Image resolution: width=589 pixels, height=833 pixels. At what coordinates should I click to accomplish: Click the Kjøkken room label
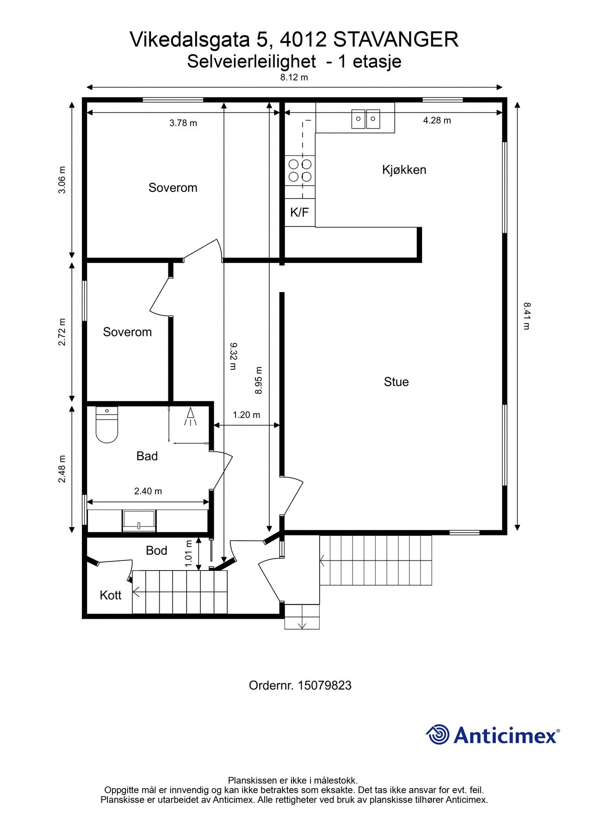pyautogui.click(x=404, y=170)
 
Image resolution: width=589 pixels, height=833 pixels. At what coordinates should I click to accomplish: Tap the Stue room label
pyautogui.click(x=396, y=382)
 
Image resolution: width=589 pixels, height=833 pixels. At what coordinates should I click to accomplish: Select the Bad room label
pyautogui.click(x=147, y=456)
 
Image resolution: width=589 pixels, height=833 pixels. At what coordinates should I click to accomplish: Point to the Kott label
pyautogui.click(x=111, y=595)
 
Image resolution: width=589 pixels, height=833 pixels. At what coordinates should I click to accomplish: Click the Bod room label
pyautogui.click(x=156, y=551)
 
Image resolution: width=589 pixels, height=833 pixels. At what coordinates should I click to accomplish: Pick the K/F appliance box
pyautogui.click(x=300, y=212)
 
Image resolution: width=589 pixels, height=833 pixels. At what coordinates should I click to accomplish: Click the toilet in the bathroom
pyautogui.click(x=106, y=424)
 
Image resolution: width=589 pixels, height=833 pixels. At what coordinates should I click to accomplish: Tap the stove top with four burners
pyautogui.click(x=300, y=170)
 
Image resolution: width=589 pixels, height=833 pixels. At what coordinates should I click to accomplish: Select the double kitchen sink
pyautogui.click(x=366, y=119)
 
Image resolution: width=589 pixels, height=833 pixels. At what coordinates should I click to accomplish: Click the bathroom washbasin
pyautogui.click(x=139, y=521)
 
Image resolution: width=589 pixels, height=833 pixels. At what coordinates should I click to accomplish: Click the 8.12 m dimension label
pyautogui.click(x=294, y=77)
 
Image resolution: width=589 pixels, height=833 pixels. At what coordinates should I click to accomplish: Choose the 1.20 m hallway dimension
pyautogui.click(x=246, y=415)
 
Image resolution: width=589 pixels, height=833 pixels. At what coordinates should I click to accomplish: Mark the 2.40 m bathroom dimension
pyautogui.click(x=148, y=491)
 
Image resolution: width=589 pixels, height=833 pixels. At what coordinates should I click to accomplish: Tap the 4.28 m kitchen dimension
pyautogui.click(x=437, y=120)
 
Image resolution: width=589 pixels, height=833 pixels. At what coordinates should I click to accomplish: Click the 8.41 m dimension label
pyautogui.click(x=527, y=316)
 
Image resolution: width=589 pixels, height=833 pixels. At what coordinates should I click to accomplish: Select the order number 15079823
pyautogui.click(x=324, y=685)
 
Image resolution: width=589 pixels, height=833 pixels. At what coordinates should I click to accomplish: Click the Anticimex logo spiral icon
pyautogui.click(x=438, y=734)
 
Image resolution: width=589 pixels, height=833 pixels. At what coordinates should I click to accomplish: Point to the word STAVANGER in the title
pyautogui.click(x=396, y=40)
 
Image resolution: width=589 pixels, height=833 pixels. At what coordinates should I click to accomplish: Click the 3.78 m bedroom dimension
pyautogui.click(x=183, y=123)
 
